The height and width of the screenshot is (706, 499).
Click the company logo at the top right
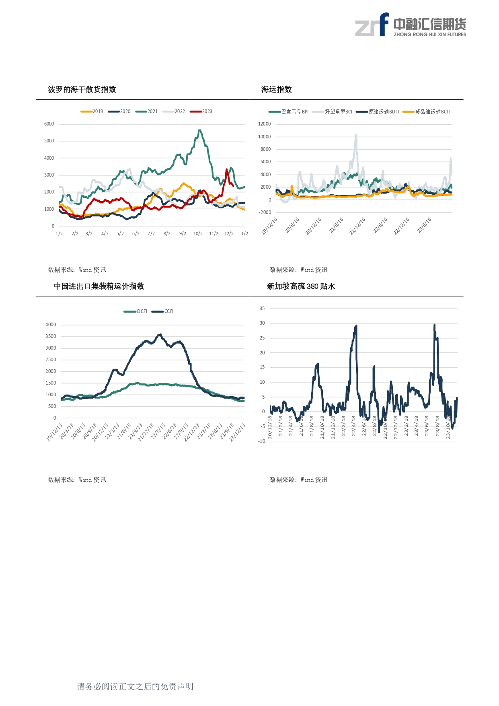coord(410,25)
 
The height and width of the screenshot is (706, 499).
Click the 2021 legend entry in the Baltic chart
coord(147,111)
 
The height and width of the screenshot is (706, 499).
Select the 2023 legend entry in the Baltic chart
coord(202,111)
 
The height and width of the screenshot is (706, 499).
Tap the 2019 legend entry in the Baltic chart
coord(92,111)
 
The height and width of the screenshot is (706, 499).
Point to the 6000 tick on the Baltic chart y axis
coord(49,124)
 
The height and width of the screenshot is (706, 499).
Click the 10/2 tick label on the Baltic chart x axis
coord(198,234)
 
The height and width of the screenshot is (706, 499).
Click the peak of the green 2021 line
coord(199,130)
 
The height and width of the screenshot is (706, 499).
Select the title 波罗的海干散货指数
coord(82,89)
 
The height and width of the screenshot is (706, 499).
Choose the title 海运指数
coord(277,89)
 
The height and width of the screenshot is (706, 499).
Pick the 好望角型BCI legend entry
coord(333,112)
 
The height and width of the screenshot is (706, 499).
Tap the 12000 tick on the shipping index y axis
coord(265,124)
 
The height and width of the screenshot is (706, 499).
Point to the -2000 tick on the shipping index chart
coord(265,212)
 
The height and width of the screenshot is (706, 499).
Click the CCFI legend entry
coord(163,311)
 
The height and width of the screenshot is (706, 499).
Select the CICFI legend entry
coord(136,311)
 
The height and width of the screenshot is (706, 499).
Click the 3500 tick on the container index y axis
coord(51,336)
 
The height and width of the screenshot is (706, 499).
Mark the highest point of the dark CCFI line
coord(160,334)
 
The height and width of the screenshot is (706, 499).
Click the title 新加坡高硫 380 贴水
coord(301,286)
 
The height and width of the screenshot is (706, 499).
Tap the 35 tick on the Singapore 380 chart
coord(262,309)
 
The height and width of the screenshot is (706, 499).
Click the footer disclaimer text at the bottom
coord(135,686)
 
